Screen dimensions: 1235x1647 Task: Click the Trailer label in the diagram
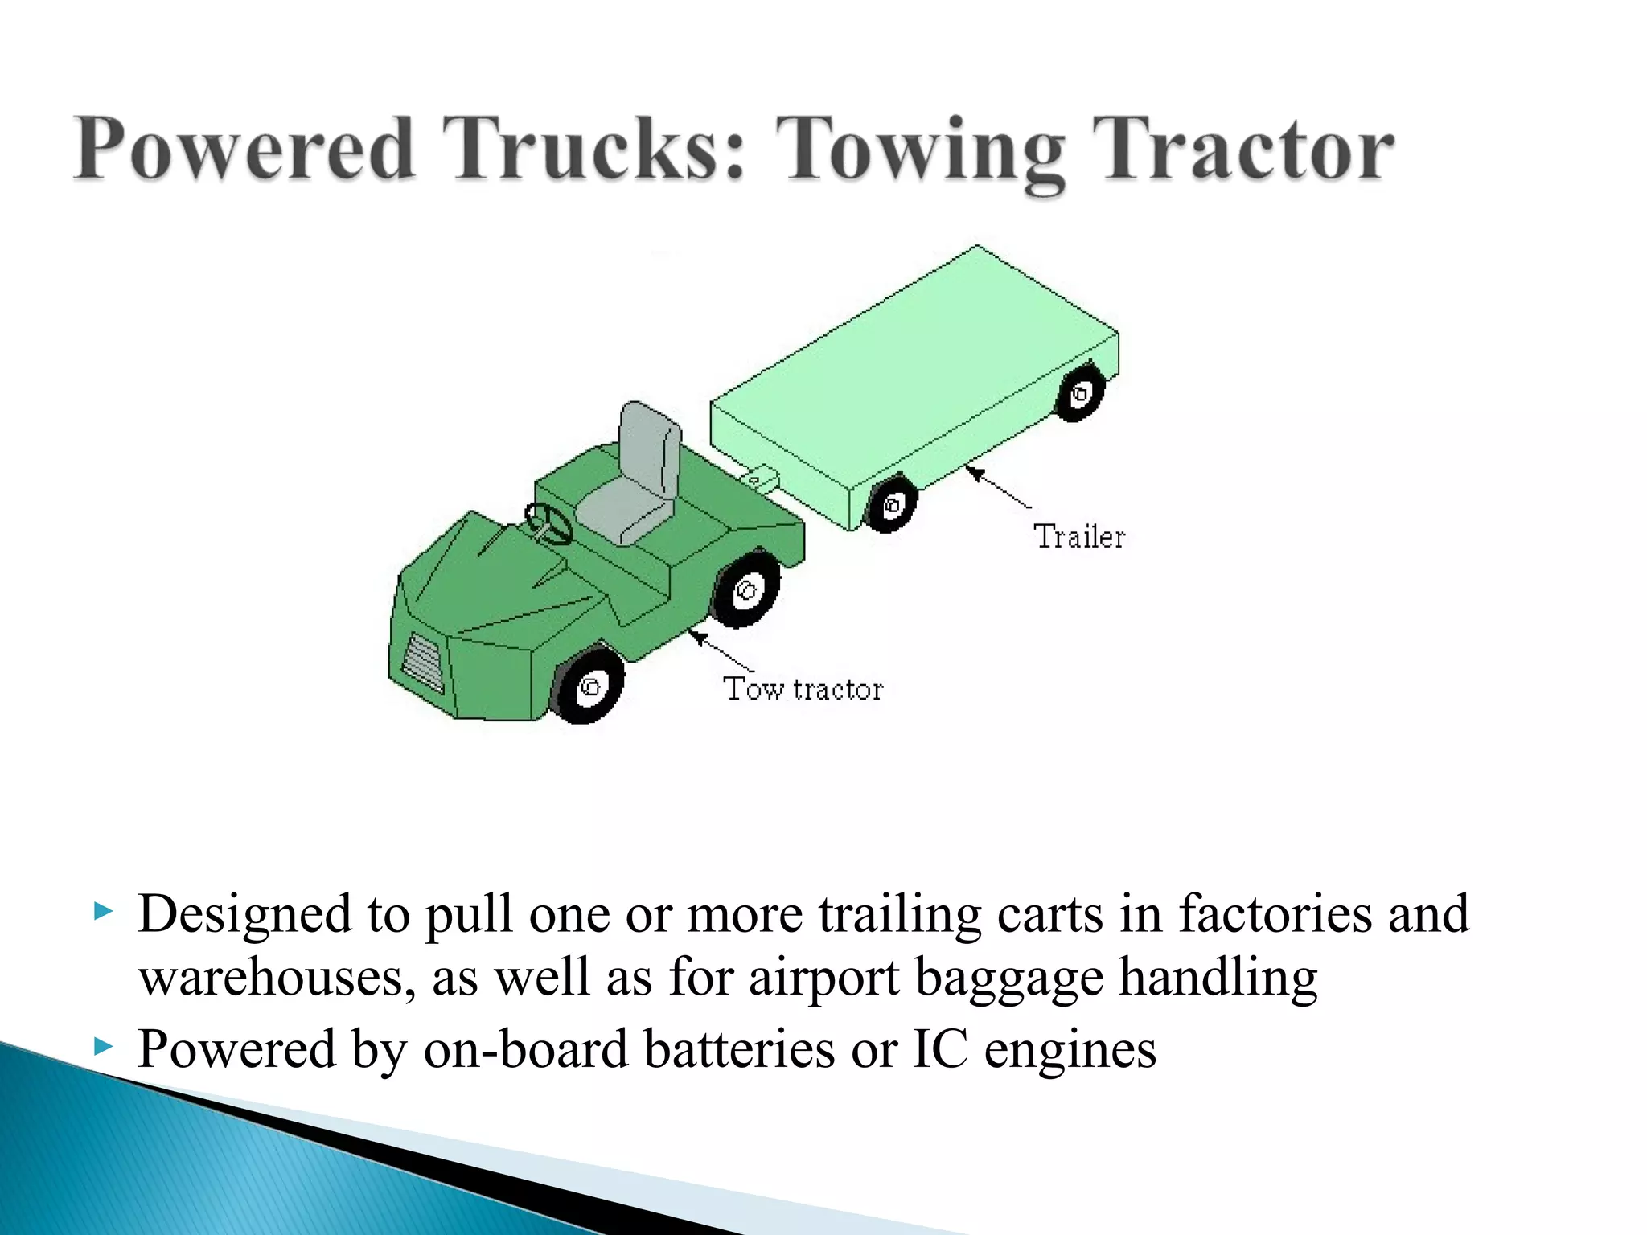pos(1079,537)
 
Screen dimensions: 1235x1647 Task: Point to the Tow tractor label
pos(803,689)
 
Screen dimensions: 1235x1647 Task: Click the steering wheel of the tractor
pos(548,523)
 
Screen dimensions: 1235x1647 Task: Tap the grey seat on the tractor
pos(635,482)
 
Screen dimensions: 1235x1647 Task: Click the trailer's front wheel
pos(891,505)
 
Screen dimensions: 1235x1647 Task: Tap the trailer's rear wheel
pos(1079,393)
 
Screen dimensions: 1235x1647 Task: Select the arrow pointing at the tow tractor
pos(721,651)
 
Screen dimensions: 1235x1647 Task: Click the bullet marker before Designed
pos(102,912)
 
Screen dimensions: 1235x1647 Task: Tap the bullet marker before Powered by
pos(102,1046)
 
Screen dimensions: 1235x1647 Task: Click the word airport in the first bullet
pos(824,978)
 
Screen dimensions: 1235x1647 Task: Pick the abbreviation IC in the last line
pos(940,1048)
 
